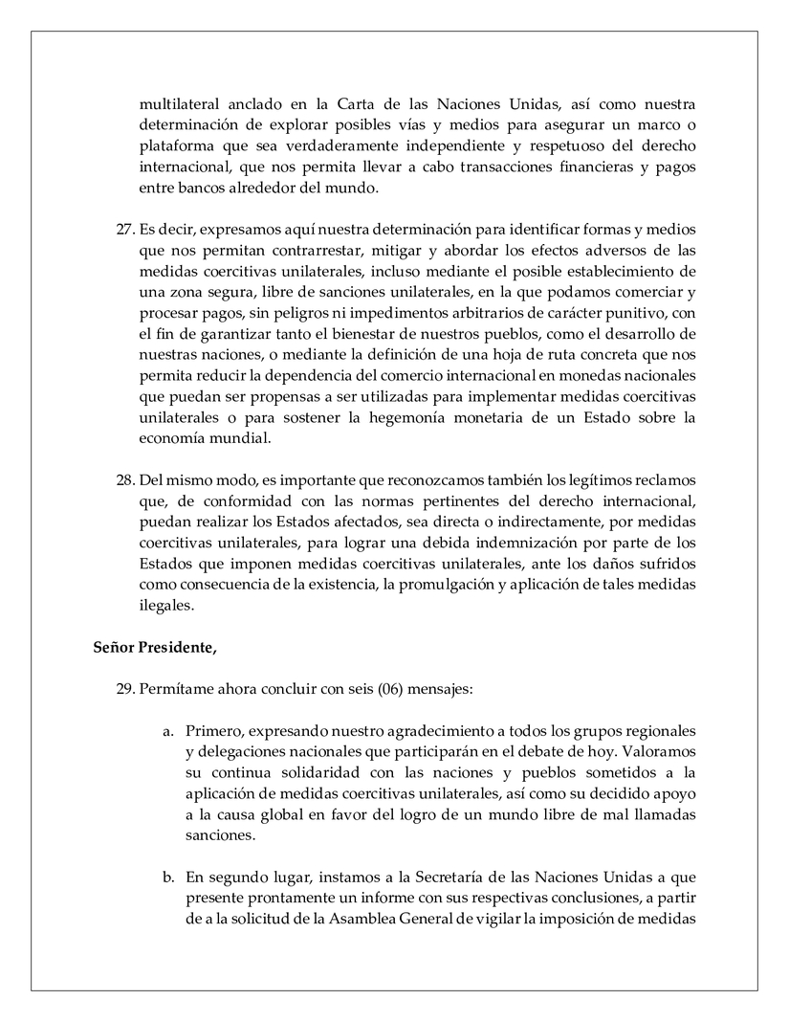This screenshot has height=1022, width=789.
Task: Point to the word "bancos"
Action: coord(206,188)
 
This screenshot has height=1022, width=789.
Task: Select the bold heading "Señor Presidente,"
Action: coord(155,648)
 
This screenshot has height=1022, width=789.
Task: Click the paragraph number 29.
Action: coord(124,689)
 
